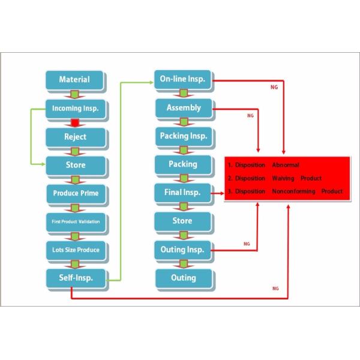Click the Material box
75,80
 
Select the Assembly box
183,109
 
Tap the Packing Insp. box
183,136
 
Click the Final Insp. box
182,193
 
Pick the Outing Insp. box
182,249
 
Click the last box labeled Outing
183,278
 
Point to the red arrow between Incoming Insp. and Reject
75,124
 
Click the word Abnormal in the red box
285,165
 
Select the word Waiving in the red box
283,178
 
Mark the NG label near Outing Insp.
247,244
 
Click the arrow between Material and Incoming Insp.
75,95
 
